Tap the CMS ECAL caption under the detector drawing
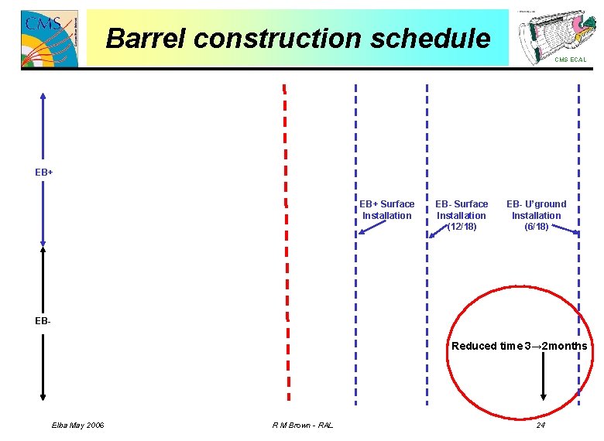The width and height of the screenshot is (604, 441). [x=570, y=60]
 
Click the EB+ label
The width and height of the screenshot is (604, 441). [x=44, y=172]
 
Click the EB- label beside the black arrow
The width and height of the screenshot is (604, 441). [x=43, y=320]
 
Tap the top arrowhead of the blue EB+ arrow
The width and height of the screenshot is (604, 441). [x=43, y=96]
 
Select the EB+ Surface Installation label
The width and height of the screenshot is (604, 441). [x=387, y=210]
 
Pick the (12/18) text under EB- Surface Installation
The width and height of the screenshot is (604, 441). [x=462, y=227]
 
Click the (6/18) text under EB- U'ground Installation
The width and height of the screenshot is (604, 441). [x=536, y=227]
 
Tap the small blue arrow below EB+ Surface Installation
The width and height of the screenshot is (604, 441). [x=372, y=227]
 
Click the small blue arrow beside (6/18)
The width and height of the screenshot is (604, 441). [x=568, y=230]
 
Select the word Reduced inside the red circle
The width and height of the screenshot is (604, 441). [x=473, y=346]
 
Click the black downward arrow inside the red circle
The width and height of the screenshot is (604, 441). [x=544, y=379]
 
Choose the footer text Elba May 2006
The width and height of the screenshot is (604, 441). [x=78, y=426]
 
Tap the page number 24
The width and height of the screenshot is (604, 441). [x=541, y=426]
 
